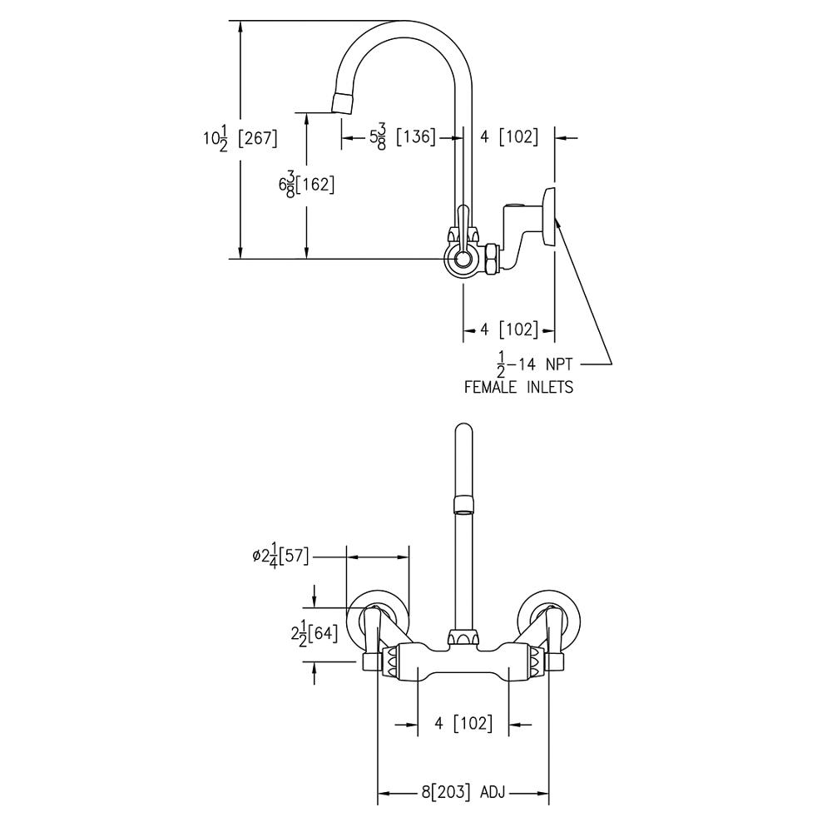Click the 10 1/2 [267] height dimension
(x=240, y=138)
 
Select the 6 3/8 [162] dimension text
(x=307, y=185)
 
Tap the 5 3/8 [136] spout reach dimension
(x=403, y=136)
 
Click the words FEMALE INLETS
(x=518, y=387)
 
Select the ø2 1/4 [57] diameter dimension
(x=280, y=557)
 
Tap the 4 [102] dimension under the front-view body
(x=463, y=724)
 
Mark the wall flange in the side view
(x=548, y=217)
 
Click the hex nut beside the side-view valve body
(x=492, y=259)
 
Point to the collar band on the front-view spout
(x=463, y=502)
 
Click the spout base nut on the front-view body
(x=463, y=638)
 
